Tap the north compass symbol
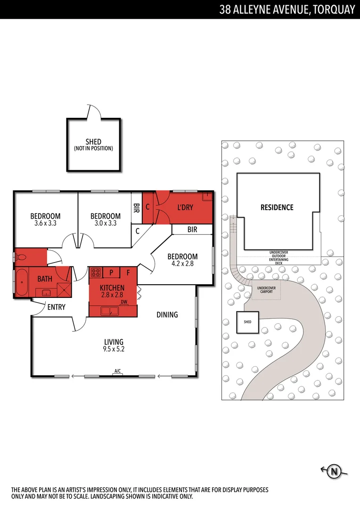click(335, 471)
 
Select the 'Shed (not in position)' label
click(93, 145)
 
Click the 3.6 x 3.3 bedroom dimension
click(45, 223)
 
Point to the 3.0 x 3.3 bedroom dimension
click(106, 223)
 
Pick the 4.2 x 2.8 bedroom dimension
click(182, 264)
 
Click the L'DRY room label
click(185, 207)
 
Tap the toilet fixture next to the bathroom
click(22, 258)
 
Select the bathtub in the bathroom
click(22, 282)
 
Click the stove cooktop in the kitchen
click(96, 272)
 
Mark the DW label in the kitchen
click(124, 302)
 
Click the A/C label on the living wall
click(117, 371)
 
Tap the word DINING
click(167, 314)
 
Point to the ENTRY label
click(56, 307)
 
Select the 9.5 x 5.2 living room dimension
click(114, 349)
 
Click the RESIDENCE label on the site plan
click(277, 207)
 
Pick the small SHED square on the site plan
click(247, 322)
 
